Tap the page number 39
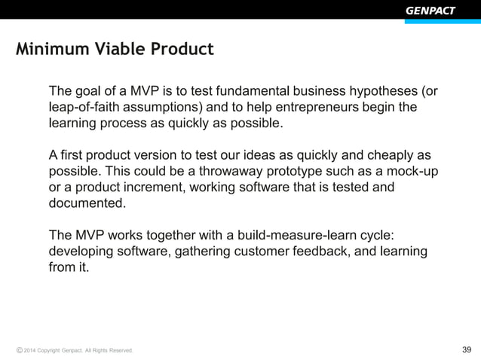[466, 349]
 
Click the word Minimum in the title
[47, 50]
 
